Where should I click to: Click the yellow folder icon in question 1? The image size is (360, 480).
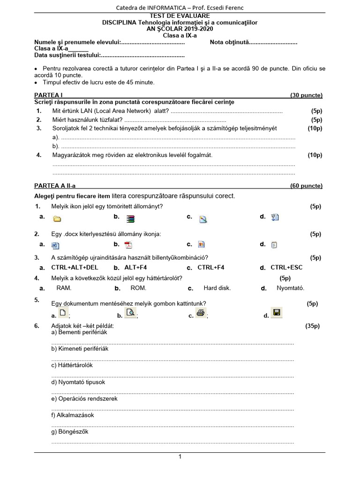[57, 218]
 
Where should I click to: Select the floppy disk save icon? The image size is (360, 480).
[277, 313]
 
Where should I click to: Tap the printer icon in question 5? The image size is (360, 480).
[201, 314]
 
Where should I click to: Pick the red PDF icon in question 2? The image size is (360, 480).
[128, 245]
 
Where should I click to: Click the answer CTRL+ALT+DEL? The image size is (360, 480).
[75, 268]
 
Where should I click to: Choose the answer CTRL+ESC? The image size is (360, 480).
[286, 268]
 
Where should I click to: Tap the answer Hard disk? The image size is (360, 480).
[217, 288]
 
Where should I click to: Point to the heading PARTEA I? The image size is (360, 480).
[49, 95]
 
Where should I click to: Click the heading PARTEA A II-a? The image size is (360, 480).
[55, 186]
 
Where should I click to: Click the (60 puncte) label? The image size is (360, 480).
[307, 186]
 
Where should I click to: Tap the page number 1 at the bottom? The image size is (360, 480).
[180, 457]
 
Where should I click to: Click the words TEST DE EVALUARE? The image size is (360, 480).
[180, 16]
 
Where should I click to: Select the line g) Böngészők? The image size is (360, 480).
[70, 432]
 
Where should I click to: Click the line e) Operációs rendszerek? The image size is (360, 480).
[84, 398]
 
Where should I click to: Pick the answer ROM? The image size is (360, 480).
[138, 288]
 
